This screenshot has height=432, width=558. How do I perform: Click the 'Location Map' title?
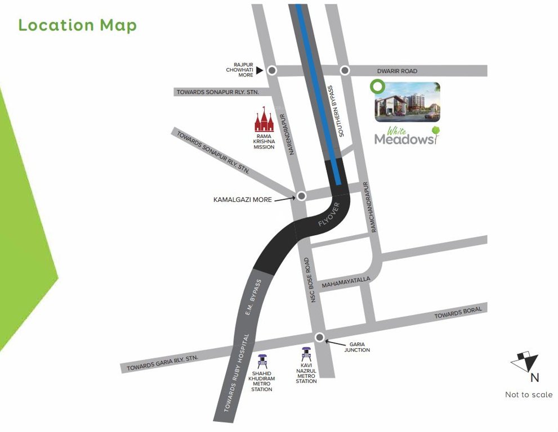pyautogui.click(x=77, y=25)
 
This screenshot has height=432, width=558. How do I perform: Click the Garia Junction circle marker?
pyautogui.click(x=319, y=337)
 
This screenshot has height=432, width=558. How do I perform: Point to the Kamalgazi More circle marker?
pyautogui.click(x=301, y=196)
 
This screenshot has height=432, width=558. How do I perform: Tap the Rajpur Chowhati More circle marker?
pyautogui.click(x=272, y=70)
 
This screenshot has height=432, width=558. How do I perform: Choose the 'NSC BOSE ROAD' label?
pyautogui.click(x=311, y=281)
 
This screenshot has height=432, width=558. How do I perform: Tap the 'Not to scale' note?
pyautogui.click(x=528, y=395)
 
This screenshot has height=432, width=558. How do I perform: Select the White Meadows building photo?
pyautogui.click(x=408, y=102)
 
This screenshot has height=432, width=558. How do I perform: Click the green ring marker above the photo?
pyautogui.click(x=377, y=87)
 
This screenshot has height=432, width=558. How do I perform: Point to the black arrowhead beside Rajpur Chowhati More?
pyautogui.click(x=260, y=70)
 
